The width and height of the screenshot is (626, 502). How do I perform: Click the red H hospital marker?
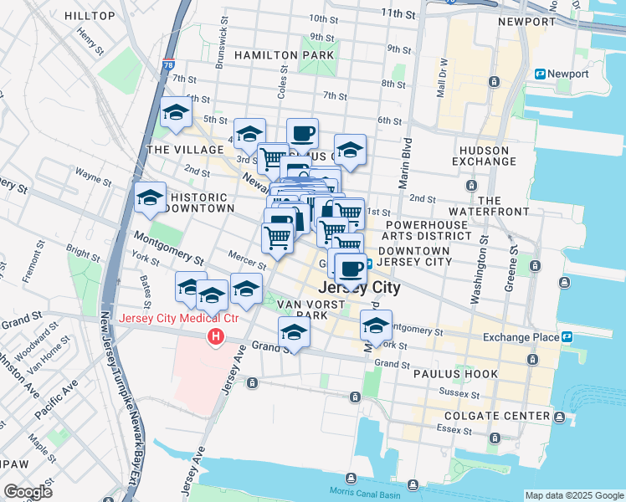tap(215, 336)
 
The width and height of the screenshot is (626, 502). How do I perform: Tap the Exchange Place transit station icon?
tap(567, 337)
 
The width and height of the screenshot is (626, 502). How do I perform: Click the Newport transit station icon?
tap(541, 74)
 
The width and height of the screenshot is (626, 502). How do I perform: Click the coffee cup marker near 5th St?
tap(302, 133)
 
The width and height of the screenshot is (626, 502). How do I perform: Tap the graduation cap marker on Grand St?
tap(294, 332)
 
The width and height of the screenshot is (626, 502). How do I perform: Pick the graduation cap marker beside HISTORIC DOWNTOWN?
tap(150, 197)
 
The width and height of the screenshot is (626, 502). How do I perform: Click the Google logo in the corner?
tap(28, 492)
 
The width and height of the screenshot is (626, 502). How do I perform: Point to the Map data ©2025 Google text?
tap(573, 495)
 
